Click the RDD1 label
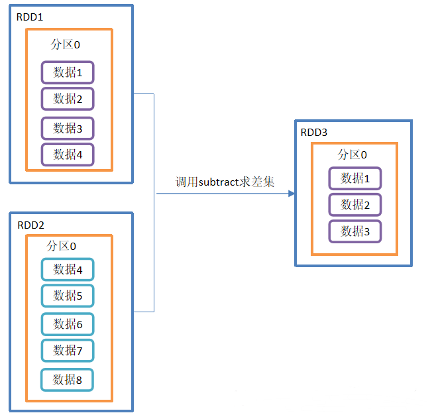pyautogui.click(x=29, y=15)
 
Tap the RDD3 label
pyautogui.click(x=314, y=132)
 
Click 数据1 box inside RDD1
pyautogui.click(x=68, y=72)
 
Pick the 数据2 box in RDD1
pyautogui.click(x=68, y=99)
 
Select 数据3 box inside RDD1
pyautogui.click(x=68, y=128)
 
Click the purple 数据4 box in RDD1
pyautogui.click(x=68, y=154)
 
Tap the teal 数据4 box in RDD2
pyautogui.click(x=68, y=269)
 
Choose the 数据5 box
pyautogui.click(x=68, y=296)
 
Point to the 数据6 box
pyautogui.click(x=68, y=324)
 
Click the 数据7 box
pyautogui.click(x=68, y=350)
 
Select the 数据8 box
pyautogui.click(x=68, y=379)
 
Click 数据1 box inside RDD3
pyautogui.click(x=355, y=178)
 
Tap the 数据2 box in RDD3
pyautogui.click(x=355, y=205)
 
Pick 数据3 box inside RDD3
pyautogui.click(x=355, y=231)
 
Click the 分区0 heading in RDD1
pyautogui.click(x=66, y=45)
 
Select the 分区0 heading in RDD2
pyautogui.click(x=62, y=246)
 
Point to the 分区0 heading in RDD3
pyautogui.click(x=353, y=154)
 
